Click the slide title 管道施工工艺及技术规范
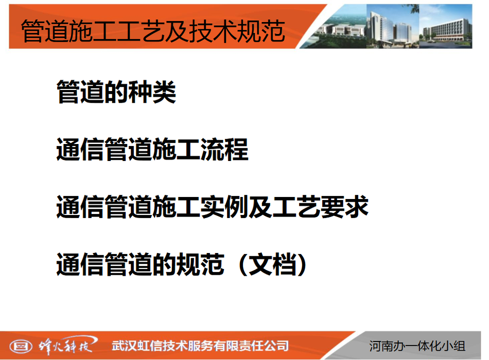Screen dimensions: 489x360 coord(153,30)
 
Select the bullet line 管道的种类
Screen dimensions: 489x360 coord(116,92)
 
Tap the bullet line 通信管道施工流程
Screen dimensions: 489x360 coord(152,149)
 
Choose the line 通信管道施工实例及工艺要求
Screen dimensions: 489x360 coord(212,206)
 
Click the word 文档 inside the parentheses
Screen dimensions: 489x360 coord(272,264)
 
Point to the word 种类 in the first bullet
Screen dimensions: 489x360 coord(152,92)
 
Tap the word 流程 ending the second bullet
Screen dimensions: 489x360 coord(224,149)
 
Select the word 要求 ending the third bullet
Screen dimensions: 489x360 coord(344,206)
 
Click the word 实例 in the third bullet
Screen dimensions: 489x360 coord(224,206)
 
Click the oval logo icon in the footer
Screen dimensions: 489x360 coord(21,346)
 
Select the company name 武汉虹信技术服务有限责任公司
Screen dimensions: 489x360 coord(200,346)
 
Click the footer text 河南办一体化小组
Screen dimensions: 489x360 coord(417,346)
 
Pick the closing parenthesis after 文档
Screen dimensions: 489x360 coord(302,265)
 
